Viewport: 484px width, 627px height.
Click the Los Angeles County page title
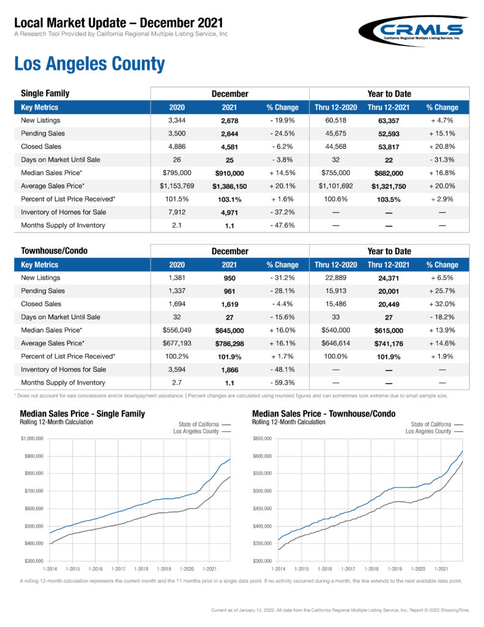click(89, 64)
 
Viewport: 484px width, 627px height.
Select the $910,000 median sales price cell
click(229, 173)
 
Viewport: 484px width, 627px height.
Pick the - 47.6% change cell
click(282, 225)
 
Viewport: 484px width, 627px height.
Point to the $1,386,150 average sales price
click(229, 186)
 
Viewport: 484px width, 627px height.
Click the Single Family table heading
click(45, 94)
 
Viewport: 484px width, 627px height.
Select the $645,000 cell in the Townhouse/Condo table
click(229, 330)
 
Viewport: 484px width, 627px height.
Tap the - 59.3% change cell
click(282, 383)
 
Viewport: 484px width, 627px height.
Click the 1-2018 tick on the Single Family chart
click(141, 570)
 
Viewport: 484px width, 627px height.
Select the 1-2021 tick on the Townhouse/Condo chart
click(441, 570)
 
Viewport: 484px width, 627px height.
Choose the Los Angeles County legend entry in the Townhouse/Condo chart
click(434, 432)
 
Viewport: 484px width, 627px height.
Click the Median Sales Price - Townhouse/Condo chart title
click(324, 414)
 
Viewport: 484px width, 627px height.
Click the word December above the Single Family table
click(229, 94)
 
